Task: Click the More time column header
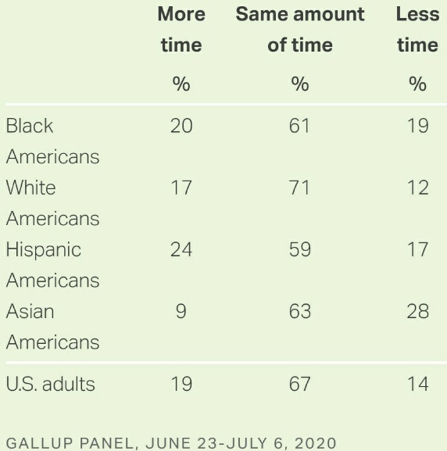(181, 30)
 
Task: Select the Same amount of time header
(300, 30)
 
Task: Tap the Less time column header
(417, 30)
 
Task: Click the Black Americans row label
(52, 141)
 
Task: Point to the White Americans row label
(52, 202)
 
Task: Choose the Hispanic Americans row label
(52, 265)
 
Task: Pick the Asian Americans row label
(52, 327)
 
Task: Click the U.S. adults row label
(50, 384)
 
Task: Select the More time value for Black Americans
(181, 126)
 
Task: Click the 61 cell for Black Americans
(299, 126)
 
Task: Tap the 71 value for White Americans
(299, 188)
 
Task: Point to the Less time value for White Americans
(418, 188)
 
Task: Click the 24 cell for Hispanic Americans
(181, 249)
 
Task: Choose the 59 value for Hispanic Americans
(300, 249)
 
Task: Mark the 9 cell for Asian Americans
(181, 311)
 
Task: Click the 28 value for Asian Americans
(418, 311)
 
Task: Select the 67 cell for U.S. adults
(300, 384)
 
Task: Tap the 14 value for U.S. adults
(418, 384)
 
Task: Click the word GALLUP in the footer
(39, 443)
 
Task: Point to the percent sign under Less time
(417, 84)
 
